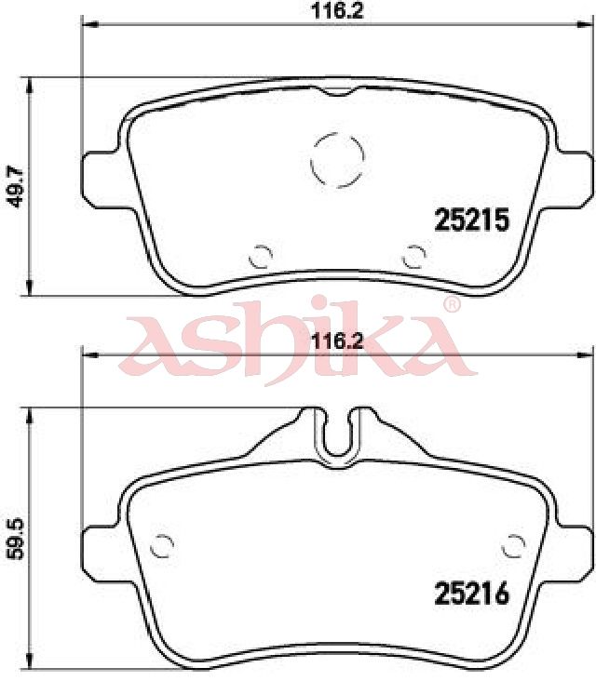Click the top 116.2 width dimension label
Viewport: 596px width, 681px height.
click(337, 10)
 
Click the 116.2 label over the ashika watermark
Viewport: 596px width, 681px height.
click(337, 341)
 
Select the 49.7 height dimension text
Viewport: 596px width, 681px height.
click(16, 188)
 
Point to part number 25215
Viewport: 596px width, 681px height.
click(471, 220)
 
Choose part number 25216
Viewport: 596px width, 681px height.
click(471, 594)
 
